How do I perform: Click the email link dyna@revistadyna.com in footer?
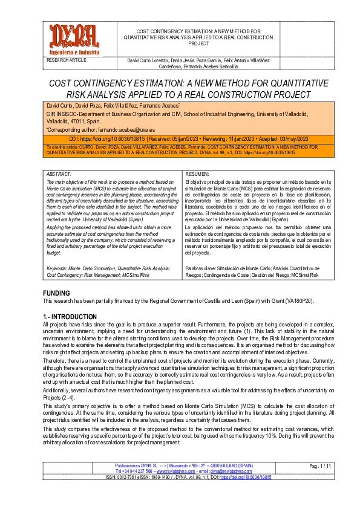point(216,471)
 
